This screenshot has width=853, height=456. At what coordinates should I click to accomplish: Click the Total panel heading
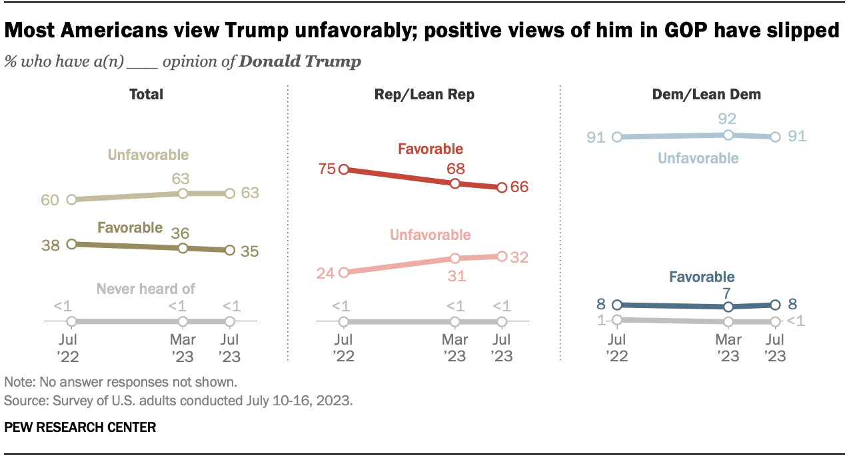[146, 95]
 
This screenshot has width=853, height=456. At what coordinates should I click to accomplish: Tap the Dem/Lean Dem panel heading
[706, 95]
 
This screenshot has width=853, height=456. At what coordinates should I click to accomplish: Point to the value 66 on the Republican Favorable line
[519, 187]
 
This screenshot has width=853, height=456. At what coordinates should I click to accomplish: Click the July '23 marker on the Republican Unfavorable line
[502, 256]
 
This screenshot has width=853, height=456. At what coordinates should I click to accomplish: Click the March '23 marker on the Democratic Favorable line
[728, 307]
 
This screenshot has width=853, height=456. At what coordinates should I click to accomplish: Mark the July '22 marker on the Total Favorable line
[71, 244]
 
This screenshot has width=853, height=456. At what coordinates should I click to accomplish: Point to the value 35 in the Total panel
[249, 251]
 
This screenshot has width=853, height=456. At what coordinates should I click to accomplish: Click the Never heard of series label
[145, 289]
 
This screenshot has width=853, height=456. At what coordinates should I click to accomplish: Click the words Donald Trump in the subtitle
[300, 62]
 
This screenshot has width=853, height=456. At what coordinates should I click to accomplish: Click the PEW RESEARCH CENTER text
[80, 427]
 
